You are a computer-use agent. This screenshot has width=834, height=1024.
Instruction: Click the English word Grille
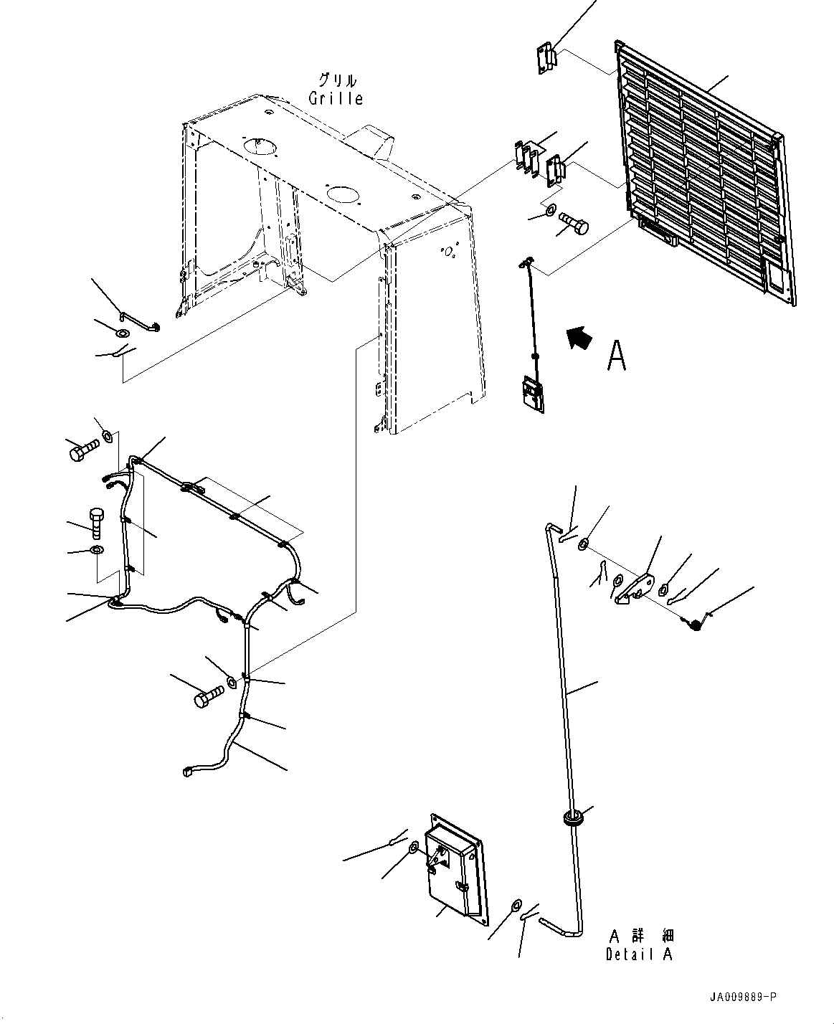click(x=336, y=98)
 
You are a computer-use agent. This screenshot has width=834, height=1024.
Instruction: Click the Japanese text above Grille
click(x=336, y=80)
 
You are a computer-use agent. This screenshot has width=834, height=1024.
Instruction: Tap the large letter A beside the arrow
click(x=616, y=356)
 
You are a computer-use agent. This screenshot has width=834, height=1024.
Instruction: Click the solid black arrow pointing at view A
click(x=579, y=336)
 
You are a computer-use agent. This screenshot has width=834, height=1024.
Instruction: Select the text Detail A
click(x=640, y=954)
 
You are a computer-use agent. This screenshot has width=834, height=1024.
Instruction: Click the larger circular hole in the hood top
click(x=260, y=146)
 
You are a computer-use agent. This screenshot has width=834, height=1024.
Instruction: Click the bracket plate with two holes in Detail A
click(x=636, y=588)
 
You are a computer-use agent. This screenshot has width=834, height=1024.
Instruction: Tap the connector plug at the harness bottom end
click(x=189, y=771)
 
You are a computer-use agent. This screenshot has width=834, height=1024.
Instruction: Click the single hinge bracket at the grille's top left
click(x=546, y=57)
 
